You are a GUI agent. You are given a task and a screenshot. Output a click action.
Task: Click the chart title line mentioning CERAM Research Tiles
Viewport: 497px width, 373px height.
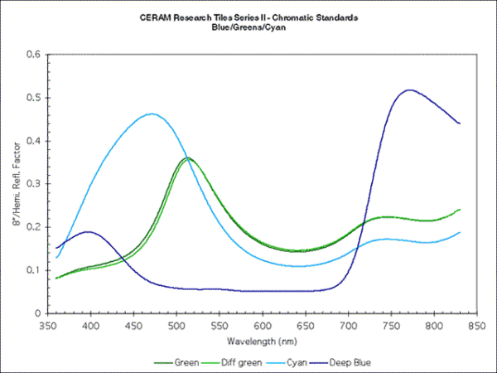click(248, 18)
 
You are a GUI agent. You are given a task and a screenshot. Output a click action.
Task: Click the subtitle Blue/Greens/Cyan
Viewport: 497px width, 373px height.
click(248, 27)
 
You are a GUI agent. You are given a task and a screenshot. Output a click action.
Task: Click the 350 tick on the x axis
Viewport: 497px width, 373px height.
click(48, 327)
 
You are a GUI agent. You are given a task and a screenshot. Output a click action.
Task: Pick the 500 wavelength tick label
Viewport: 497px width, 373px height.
click(176, 327)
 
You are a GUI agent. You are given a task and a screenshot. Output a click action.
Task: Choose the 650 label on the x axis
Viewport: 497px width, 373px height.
click(305, 327)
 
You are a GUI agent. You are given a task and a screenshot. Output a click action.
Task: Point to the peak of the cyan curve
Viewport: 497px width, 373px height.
click(152, 114)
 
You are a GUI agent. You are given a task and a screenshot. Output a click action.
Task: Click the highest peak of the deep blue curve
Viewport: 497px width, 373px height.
click(408, 90)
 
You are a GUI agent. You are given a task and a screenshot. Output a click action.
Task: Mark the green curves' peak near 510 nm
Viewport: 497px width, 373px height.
click(187, 157)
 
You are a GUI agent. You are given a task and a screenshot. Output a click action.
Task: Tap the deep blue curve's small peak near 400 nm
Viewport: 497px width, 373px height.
click(88, 232)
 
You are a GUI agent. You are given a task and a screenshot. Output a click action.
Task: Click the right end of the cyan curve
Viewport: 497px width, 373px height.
click(460, 233)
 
